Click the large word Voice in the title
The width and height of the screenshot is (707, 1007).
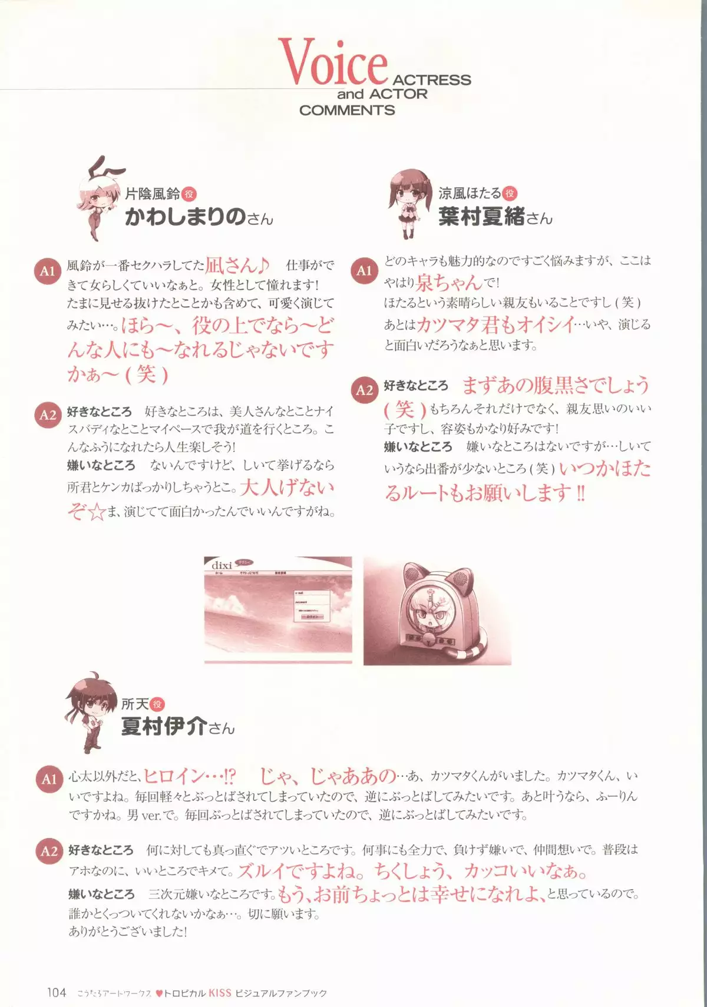tap(332, 63)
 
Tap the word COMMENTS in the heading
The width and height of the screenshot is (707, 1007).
tap(347, 110)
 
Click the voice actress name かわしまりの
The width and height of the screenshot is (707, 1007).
tap(186, 217)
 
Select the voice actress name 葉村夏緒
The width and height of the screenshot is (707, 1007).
tap(482, 217)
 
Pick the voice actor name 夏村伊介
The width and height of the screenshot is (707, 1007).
tap(164, 727)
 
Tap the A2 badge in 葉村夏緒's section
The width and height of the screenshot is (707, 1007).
tap(365, 390)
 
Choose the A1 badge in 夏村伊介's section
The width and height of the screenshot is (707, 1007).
tap(48, 779)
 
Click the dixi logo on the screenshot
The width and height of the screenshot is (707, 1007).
tap(222, 565)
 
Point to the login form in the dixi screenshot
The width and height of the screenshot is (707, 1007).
tap(312, 605)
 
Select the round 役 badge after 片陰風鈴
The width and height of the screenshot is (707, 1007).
tap(189, 194)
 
